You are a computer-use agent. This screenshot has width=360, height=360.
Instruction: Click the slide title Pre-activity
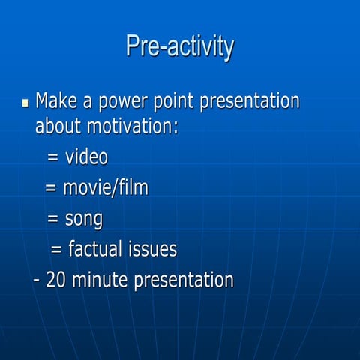180,46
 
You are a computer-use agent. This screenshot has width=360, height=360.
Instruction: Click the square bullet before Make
25,101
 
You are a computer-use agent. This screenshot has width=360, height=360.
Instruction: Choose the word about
58,125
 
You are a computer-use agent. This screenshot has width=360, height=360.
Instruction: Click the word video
87,157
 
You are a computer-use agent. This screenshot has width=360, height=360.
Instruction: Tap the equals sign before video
53,158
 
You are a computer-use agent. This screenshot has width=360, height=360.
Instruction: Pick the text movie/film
106,188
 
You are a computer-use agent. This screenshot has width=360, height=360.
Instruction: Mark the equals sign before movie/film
51,189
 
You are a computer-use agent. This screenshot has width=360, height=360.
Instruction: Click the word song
83,220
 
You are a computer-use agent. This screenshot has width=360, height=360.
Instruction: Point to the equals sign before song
53,220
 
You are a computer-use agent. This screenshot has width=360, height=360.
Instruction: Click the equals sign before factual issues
56,250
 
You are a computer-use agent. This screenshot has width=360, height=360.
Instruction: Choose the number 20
56,280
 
